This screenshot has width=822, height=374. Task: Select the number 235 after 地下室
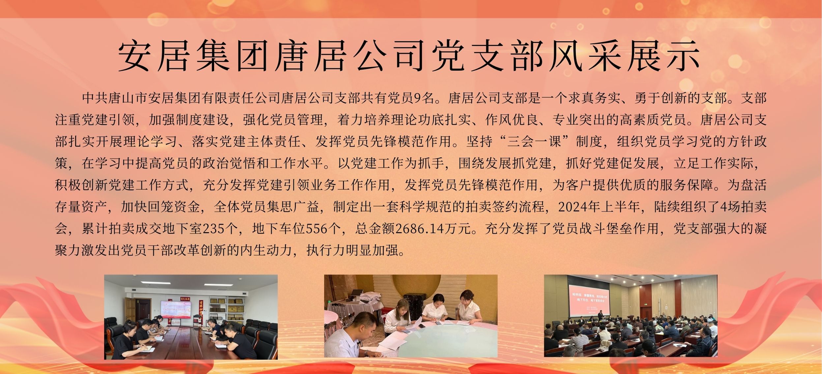click(213, 229)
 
